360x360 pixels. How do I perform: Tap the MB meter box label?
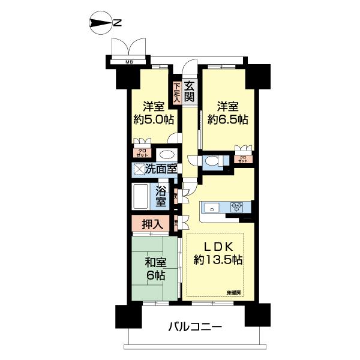point(128,61)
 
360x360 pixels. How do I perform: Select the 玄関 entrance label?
point(189,90)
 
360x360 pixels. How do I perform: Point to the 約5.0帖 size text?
point(154,119)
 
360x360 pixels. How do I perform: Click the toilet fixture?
point(211,161)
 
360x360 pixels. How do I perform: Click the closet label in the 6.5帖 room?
point(243,160)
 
